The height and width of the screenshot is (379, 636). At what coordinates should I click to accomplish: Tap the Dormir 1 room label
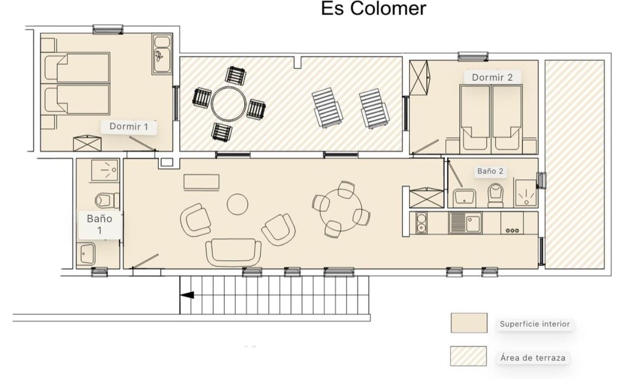(x=128, y=127)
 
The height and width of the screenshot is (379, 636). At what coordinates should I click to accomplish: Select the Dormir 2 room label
(x=492, y=77)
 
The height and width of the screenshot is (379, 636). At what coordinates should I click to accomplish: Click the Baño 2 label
(x=490, y=171)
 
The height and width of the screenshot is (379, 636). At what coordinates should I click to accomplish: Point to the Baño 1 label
(x=100, y=224)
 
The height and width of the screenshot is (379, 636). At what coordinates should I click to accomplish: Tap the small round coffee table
(x=237, y=204)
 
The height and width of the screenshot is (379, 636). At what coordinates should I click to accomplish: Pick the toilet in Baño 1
(x=105, y=200)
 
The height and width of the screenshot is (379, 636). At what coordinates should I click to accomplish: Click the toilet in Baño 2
(x=495, y=194)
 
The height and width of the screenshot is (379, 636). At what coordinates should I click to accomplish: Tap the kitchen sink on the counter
(x=465, y=223)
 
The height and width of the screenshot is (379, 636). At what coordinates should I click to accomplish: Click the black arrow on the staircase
(x=187, y=295)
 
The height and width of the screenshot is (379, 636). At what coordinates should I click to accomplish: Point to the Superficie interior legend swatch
(x=468, y=323)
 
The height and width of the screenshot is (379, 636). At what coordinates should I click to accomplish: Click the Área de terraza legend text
(x=532, y=358)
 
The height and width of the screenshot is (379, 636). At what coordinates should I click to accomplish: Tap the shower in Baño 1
(x=105, y=171)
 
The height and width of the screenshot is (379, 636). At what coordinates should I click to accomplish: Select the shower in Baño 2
(x=526, y=193)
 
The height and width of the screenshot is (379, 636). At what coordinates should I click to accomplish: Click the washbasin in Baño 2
(x=464, y=198)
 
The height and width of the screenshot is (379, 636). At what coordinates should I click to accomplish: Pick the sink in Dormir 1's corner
(x=162, y=55)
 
